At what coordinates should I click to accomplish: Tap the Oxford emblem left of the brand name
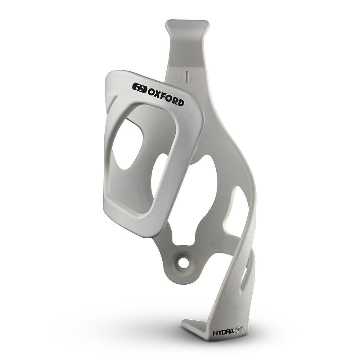[x=139, y=87]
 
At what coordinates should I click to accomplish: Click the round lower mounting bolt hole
[x=183, y=263]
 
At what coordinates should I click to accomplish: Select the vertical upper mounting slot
[x=186, y=77]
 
